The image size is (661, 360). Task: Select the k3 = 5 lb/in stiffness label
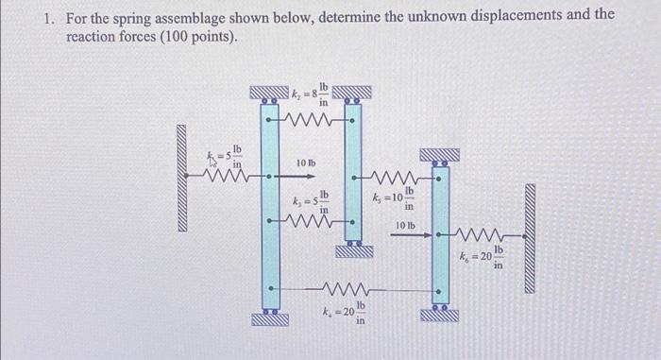310,201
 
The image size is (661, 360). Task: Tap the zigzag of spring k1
232,176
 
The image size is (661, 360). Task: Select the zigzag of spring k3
311,224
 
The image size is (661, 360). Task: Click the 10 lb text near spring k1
305,163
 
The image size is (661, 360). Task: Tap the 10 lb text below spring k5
406,225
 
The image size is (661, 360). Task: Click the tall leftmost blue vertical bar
268,207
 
